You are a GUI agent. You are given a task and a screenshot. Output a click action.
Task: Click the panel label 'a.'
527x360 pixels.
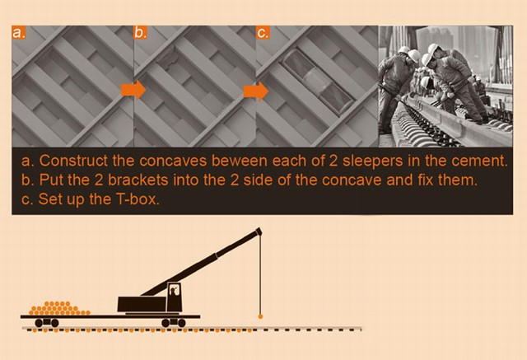click(18, 33)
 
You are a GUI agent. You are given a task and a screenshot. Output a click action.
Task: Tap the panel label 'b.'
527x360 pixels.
click(141, 33)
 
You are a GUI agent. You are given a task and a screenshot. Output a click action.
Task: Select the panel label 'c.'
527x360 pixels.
click(263, 33)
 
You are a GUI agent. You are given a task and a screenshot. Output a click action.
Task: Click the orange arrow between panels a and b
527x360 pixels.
click(133, 90)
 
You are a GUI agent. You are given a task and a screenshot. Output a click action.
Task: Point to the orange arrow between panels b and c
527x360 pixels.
click(256, 91)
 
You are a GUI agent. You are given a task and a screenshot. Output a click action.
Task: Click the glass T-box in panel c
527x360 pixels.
click(318, 82)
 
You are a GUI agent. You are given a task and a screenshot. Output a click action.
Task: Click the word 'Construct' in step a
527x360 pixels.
click(73, 161)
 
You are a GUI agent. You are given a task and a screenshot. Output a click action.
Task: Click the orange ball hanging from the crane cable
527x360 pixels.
click(260, 316)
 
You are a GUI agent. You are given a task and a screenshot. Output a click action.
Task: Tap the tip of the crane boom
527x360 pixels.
click(259, 230)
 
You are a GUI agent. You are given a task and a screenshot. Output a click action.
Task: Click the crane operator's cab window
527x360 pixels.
click(174, 290)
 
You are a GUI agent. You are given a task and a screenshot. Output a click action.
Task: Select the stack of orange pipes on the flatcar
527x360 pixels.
click(59, 308)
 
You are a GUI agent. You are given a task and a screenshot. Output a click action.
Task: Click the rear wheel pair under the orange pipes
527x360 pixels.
click(47, 323)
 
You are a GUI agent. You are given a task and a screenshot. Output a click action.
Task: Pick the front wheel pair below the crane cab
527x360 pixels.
click(174, 323)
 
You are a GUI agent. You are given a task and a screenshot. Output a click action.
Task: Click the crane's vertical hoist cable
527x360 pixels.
click(260, 274)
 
